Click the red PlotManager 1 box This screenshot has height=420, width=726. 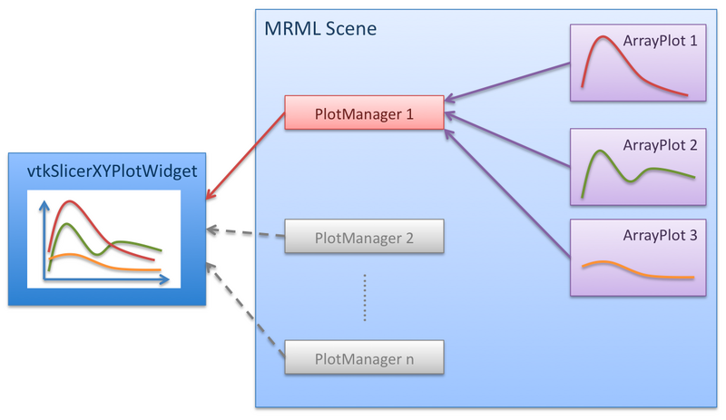364,113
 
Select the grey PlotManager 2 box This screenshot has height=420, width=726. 364,237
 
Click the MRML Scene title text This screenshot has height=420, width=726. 319,28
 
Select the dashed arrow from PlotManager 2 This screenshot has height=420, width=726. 245,233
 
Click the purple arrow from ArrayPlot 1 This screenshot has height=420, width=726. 508,80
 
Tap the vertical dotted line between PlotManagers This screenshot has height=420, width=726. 364,298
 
